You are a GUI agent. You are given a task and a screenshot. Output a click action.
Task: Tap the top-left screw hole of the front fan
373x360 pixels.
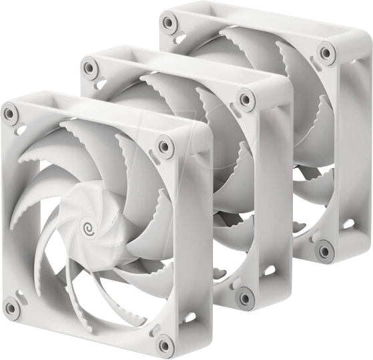pyautogui.click(x=11, y=114)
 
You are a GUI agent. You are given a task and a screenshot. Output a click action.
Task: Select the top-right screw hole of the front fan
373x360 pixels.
pyautogui.click(x=164, y=145)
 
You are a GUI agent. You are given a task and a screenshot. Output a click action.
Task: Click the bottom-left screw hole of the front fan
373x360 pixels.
pyautogui.click(x=11, y=307)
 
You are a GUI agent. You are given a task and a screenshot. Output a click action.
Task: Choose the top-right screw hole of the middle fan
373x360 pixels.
pyautogui.click(x=246, y=100)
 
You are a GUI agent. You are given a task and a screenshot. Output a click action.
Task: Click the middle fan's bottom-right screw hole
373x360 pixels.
pyautogui.click(x=246, y=297)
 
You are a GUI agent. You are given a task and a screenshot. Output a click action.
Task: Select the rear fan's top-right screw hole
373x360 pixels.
pyautogui.click(x=326, y=53)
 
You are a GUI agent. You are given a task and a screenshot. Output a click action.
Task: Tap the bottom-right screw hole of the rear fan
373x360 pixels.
pyautogui.click(x=325, y=251)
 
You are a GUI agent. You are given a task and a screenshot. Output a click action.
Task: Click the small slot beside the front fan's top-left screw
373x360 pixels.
pyautogui.click(x=21, y=129)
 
